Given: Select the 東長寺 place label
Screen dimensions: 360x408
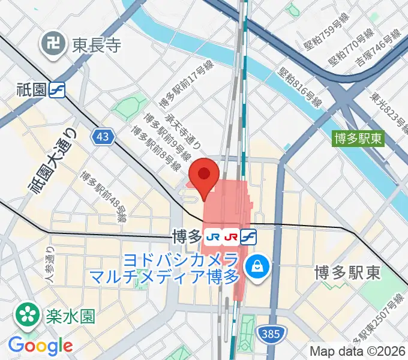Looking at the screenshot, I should pos(97,45).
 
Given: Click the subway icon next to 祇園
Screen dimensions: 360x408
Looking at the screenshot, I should pos(58,90).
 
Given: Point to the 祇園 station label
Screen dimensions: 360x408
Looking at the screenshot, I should pos(32,90).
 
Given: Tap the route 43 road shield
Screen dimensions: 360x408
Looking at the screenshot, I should pos(103,137).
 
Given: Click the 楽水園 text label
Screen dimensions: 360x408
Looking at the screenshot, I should pos(70,314).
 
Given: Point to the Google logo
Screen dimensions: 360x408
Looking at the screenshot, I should pos(41,345).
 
